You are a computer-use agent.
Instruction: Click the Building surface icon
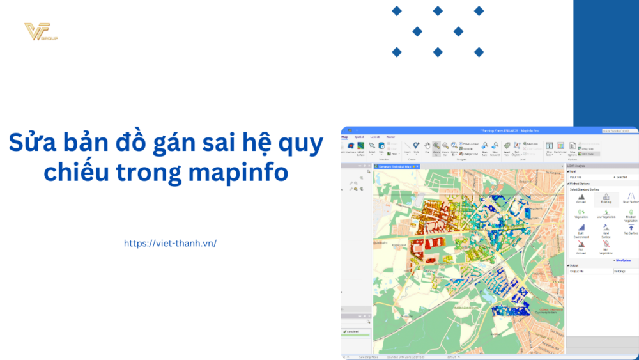(606, 198)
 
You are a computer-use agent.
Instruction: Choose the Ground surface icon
(581, 198)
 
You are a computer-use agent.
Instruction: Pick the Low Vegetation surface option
(606, 213)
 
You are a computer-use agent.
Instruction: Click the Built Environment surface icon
(581, 230)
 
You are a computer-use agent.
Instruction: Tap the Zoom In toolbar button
(436, 148)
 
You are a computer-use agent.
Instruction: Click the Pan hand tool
(427, 148)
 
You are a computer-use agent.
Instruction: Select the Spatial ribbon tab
(359, 137)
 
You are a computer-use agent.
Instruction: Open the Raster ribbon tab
(390, 137)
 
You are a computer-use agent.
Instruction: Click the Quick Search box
(619, 130)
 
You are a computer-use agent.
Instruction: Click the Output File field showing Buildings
(625, 271)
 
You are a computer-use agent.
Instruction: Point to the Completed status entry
(353, 331)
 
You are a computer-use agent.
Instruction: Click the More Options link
(622, 260)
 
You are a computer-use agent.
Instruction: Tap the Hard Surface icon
(606, 230)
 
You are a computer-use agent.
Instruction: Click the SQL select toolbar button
(381, 148)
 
